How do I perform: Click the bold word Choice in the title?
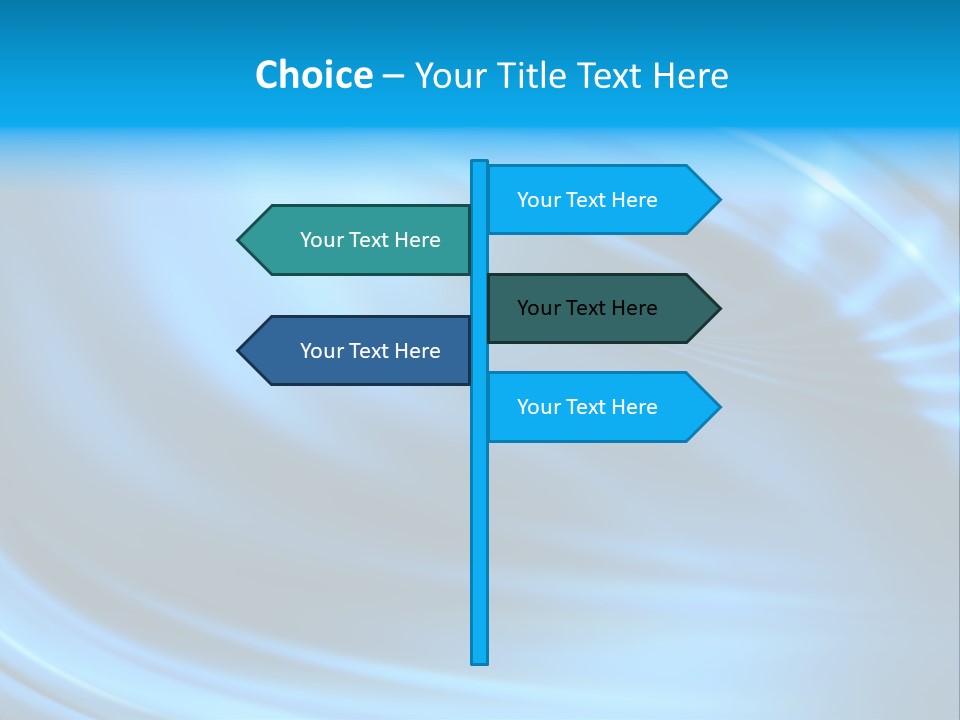(x=313, y=75)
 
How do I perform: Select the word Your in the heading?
(x=451, y=75)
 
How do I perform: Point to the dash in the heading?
(x=393, y=76)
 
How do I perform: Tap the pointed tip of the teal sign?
(x=240, y=240)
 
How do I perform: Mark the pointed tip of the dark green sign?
(x=718, y=308)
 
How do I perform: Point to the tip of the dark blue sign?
(x=240, y=351)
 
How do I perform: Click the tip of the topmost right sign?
(x=718, y=200)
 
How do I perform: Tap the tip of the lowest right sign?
(x=718, y=407)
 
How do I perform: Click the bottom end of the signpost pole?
(x=480, y=659)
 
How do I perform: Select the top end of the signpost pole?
(x=480, y=164)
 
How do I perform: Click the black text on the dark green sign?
(x=587, y=308)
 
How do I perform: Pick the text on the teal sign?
(x=370, y=240)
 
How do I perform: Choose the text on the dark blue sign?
(x=370, y=351)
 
